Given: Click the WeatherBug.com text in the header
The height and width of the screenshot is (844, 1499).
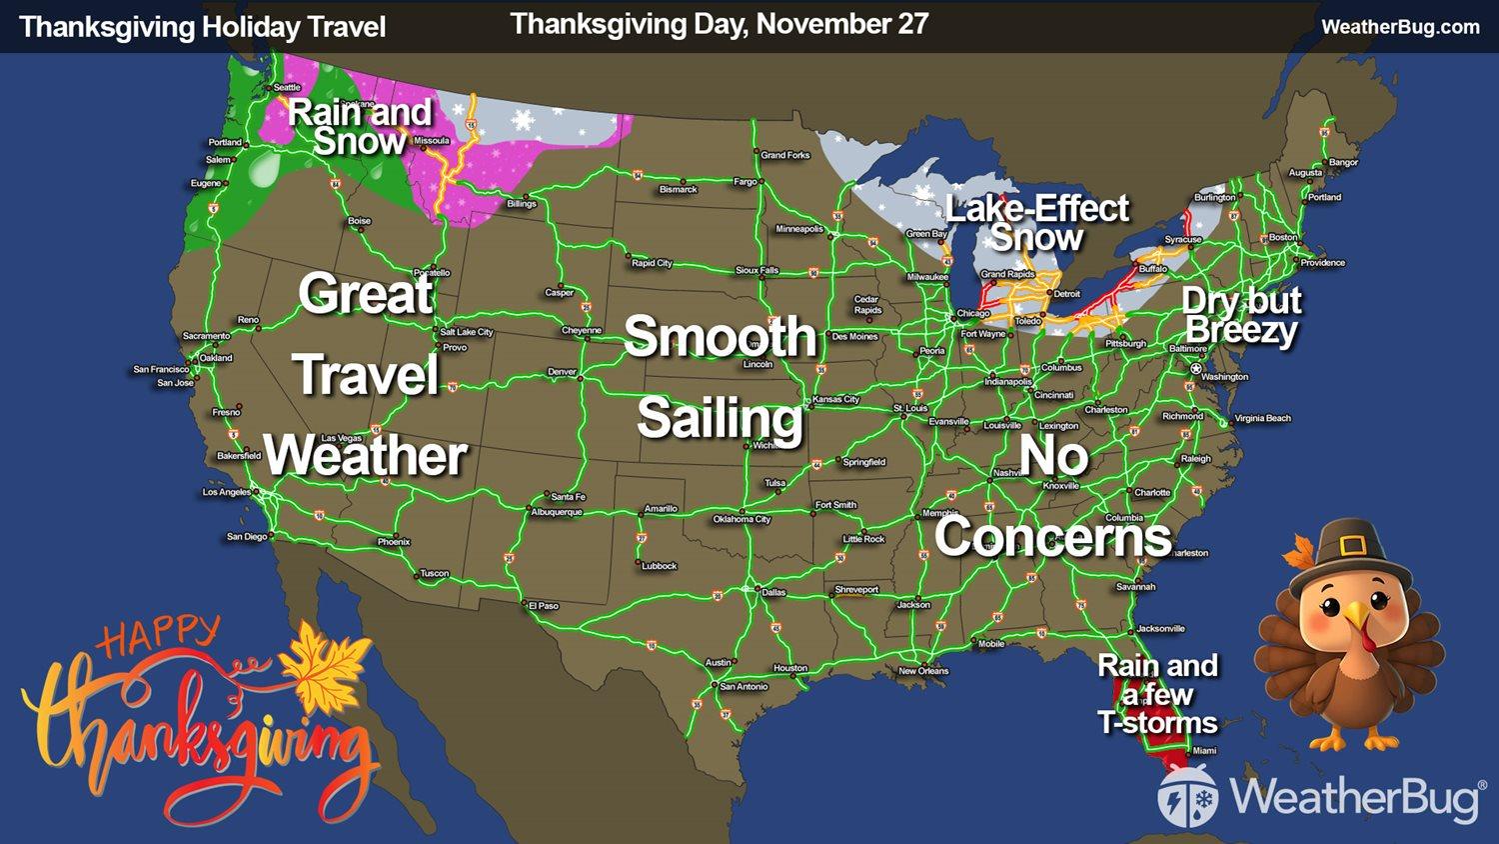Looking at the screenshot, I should coord(1400,27).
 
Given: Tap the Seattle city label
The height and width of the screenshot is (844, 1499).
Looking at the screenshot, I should coord(287,88).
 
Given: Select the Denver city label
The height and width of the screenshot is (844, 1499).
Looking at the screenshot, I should coord(562,372).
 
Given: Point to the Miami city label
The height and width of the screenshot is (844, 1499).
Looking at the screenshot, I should coord(1204,750).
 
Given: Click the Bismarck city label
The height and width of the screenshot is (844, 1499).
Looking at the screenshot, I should coord(678,190).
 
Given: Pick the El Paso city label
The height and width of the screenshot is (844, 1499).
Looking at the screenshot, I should coord(544,606).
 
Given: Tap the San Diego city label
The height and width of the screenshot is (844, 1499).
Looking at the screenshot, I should coord(247,537).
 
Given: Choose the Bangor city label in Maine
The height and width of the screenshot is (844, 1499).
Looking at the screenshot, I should coord(1343,162).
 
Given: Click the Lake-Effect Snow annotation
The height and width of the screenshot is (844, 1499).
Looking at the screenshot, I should coord(1036,223).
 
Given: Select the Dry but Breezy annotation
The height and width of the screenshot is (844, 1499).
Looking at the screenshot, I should coord(1241,315).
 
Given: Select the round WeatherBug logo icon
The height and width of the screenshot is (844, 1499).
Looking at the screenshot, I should coord(1187,797).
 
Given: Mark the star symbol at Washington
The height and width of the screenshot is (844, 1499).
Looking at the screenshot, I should coord(1196,369).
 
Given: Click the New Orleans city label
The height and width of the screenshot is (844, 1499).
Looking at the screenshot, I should coord(923,671).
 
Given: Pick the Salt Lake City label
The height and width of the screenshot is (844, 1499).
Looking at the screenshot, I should coord(467,332).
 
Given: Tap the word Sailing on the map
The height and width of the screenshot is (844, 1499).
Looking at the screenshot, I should coord(720,418).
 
